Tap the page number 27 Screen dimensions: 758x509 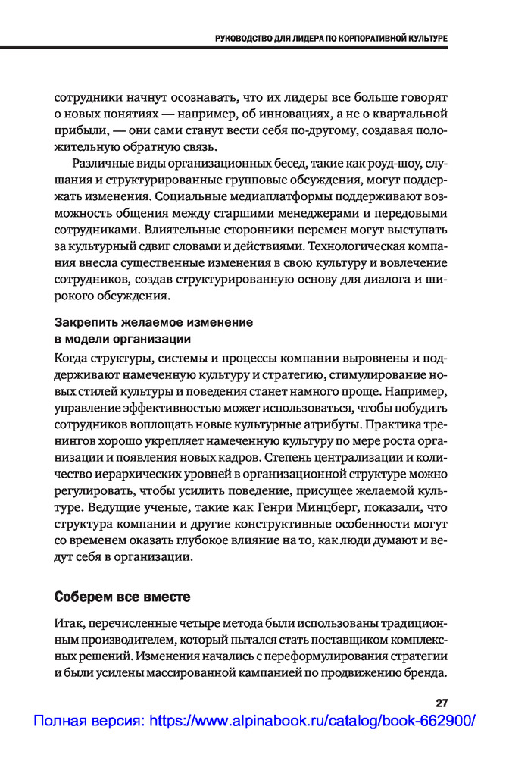pos(441,701)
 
